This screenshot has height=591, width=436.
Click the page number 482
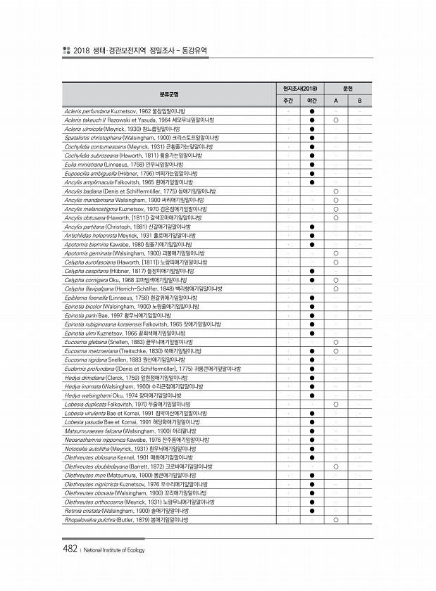click(68, 549)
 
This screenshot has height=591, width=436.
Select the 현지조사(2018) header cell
click(300, 88)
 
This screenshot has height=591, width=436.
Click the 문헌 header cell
click(347, 88)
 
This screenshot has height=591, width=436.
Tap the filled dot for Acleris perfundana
click(311, 112)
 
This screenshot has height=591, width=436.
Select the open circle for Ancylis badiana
click(336, 191)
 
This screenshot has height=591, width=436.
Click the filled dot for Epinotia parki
click(311, 315)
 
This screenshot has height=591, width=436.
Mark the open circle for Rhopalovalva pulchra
click(336, 519)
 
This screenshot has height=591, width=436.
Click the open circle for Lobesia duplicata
click(336, 404)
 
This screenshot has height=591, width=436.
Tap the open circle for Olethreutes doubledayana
click(336, 466)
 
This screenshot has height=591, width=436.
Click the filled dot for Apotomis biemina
click(311, 244)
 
